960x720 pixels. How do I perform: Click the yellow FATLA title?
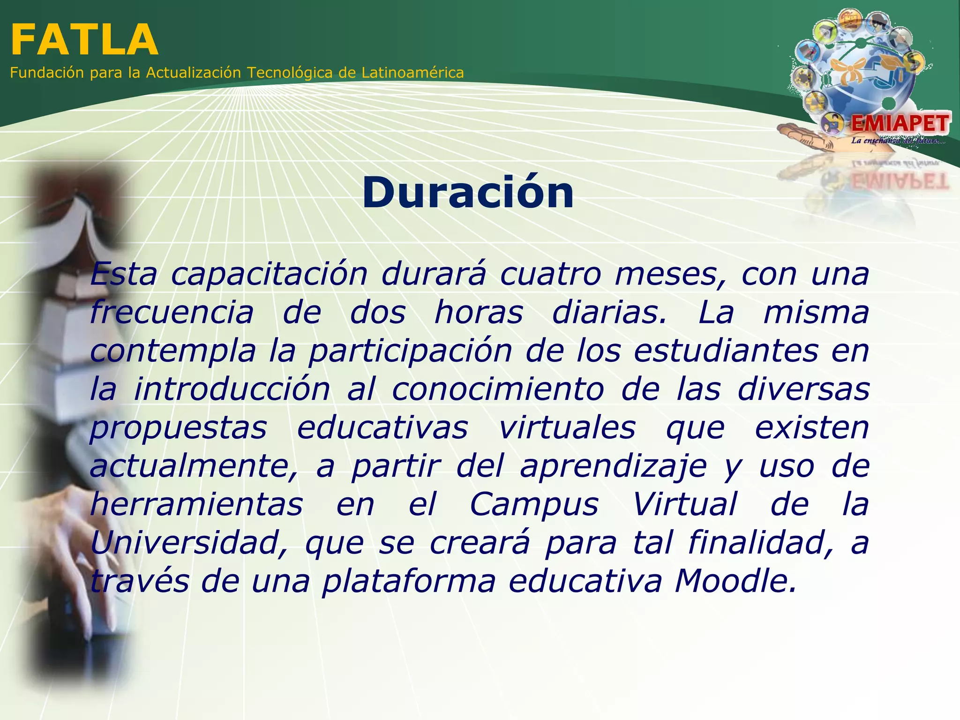point(84,40)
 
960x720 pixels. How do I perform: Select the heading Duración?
point(468,193)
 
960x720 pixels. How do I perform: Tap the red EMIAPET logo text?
point(900,124)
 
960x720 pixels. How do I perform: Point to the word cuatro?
point(550,274)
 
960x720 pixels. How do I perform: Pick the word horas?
point(478,313)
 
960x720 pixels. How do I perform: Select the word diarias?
point(609,313)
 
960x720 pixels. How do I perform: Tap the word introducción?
point(232,390)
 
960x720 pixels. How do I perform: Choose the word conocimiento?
point(498,390)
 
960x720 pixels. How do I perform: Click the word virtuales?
point(567,428)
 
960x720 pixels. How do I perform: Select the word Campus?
point(534,505)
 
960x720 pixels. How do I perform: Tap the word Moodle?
point(735,581)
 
